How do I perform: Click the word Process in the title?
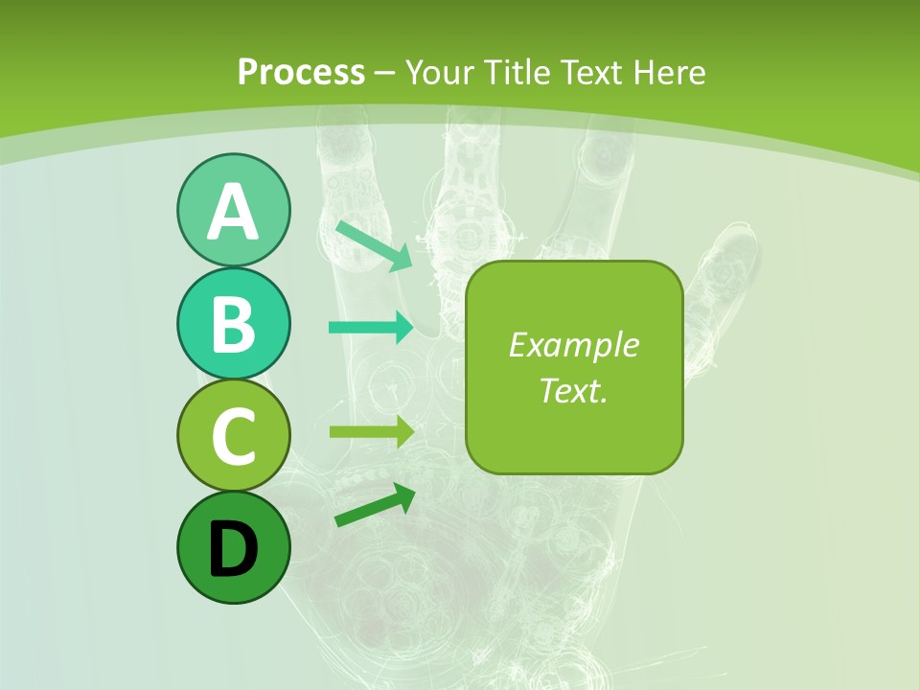click(301, 72)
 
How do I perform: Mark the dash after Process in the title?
click(385, 73)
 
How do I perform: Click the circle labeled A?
click(233, 210)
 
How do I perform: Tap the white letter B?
click(233, 324)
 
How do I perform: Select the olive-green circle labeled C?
click(233, 435)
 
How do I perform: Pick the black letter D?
click(233, 549)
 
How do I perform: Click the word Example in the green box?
click(573, 345)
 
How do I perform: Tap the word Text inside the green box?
click(568, 390)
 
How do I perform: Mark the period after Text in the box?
click(605, 399)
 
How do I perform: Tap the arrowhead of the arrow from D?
click(404, 495)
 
